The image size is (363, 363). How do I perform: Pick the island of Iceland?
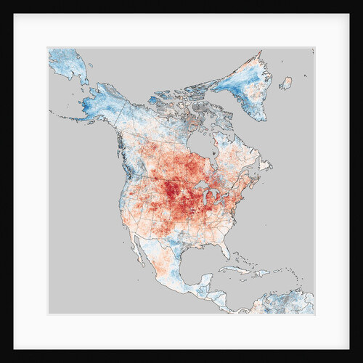pos(285,83)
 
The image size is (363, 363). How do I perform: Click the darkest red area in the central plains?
pos(171,192)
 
